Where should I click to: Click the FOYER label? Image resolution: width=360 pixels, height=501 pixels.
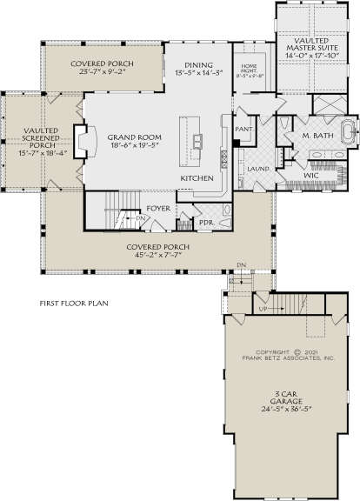(x=157, y=208)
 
